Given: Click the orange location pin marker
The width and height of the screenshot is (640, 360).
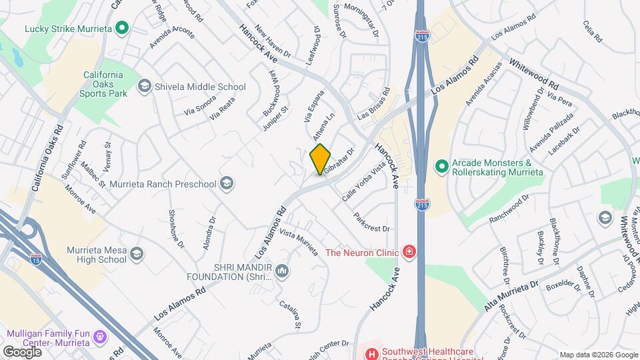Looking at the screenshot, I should point(321,159).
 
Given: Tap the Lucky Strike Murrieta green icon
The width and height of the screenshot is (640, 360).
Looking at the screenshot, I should point(121,28).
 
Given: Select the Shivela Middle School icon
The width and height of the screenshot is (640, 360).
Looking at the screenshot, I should point(144,87).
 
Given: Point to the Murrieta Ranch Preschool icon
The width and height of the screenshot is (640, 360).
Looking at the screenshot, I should point(227,183).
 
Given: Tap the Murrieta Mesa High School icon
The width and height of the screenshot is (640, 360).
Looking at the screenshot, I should point(137,254).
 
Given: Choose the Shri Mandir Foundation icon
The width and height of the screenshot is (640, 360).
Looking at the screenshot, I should point(281,271).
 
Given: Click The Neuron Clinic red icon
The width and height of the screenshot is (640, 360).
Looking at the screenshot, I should point(409,252).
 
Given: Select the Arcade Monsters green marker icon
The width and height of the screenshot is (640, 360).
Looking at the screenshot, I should point(441,167).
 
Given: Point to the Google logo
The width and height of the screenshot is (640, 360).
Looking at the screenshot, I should point(22,351).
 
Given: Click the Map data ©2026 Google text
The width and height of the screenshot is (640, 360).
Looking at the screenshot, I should point(598,355).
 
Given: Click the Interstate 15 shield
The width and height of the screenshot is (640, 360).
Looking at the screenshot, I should point(35,259).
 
